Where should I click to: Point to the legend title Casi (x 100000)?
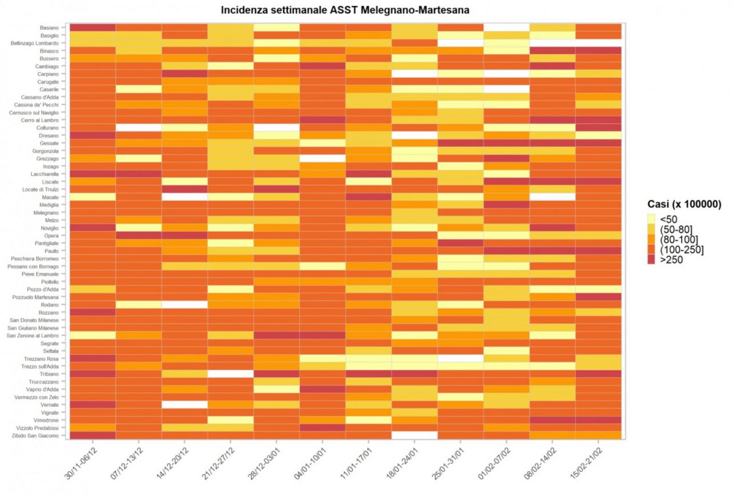(683, 204)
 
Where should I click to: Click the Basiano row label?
(49, 27)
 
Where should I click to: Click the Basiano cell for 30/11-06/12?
(93, 27)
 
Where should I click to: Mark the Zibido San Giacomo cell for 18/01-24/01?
(415, 436)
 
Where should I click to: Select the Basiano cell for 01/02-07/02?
(507, 27)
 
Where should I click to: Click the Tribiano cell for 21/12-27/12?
(230, 374)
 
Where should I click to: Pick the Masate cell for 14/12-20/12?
(185, 197)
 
